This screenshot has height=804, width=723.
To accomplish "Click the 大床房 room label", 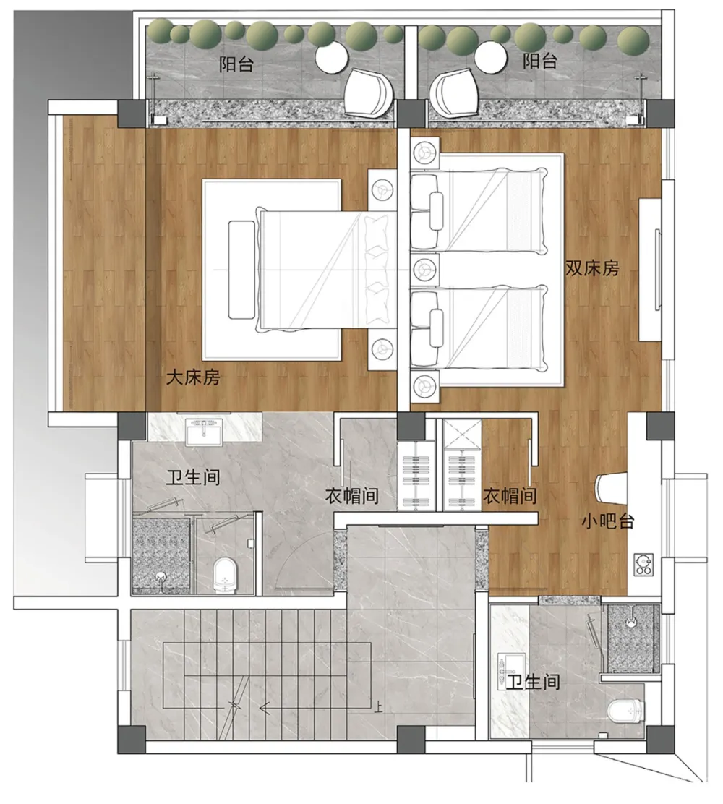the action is click(193, 378).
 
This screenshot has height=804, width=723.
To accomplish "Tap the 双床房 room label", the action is click(592, 268).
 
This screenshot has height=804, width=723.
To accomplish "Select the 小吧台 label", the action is click(608, 521).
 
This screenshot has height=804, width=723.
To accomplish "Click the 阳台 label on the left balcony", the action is click(236, 64).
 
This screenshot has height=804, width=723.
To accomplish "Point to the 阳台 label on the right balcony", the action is click(540, 61).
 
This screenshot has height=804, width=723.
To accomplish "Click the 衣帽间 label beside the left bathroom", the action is click(352, 496).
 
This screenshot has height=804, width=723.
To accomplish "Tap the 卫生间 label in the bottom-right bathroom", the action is click(532, 683).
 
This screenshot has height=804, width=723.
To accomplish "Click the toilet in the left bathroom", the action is click(226, 574).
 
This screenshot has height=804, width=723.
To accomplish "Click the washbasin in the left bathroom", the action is click(204, 432).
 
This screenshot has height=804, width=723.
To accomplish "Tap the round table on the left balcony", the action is click(332, 59).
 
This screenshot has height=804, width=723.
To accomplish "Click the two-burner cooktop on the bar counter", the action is click(643, 565).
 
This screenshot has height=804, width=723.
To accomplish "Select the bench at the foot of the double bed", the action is click(241, 270).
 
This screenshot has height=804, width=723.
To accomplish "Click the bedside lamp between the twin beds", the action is click(424, 267).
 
